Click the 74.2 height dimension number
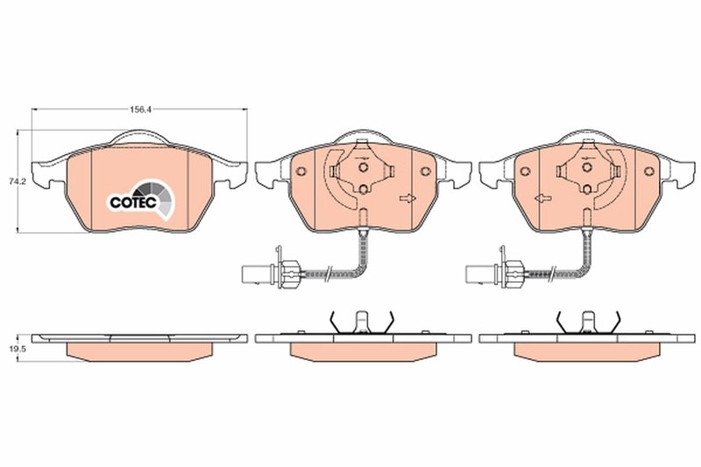coord(15,182)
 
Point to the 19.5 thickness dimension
coord(15,348)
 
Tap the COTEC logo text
coord(132,202)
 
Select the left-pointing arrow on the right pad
coord(542,198)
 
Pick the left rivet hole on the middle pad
coord(300,171)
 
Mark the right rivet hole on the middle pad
coord(425,171)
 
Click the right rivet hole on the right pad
coord(649,171)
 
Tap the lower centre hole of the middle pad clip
coord(363,188)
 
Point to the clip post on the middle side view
coord(359,322)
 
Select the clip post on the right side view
coord(584,322)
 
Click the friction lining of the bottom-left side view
coord(140,350)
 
